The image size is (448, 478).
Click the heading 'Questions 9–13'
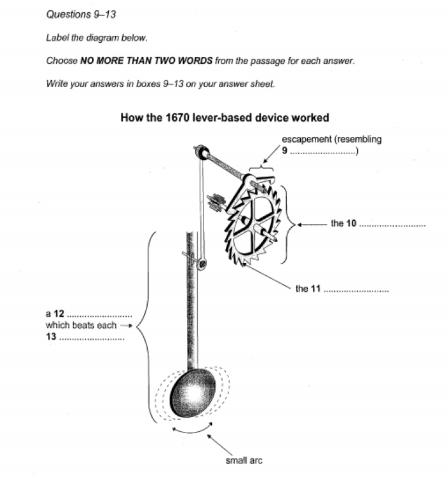tap(81, 14)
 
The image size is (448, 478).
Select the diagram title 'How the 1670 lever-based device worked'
tap(224, 118)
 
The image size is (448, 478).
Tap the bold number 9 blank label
tap(285, 152)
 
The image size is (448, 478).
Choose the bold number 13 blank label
tap(51, 336)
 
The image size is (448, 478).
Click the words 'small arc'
tap(244, 460)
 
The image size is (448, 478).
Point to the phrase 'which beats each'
tap(81, 325)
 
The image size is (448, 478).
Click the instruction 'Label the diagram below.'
tap(97, 38)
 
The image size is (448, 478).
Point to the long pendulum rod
tap(190, 301)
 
